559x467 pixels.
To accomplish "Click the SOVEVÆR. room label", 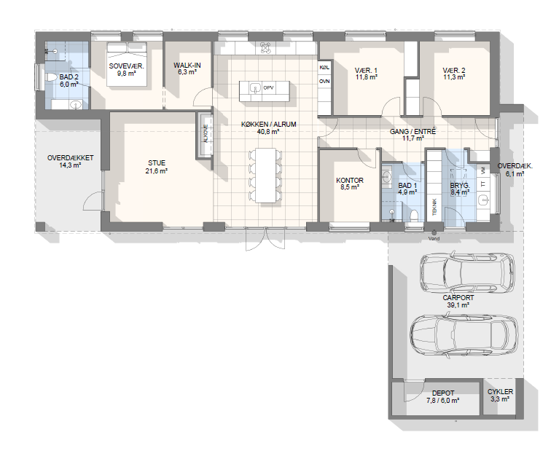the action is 127,66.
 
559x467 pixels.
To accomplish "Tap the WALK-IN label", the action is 187,66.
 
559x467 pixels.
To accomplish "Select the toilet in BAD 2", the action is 51,77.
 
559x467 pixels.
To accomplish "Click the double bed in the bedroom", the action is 127,64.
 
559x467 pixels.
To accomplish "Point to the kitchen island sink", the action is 255,87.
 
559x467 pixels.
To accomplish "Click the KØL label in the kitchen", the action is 324,67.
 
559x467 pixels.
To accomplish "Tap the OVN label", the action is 324,82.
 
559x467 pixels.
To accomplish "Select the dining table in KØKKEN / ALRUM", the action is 265,176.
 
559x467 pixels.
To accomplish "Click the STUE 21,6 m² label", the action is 157,167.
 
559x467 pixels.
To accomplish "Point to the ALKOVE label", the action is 206,134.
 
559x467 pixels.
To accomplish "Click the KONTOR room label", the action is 350,181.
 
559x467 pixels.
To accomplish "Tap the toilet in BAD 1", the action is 414,216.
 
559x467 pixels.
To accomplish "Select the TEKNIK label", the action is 434,206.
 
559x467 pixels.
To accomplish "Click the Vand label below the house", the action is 434,238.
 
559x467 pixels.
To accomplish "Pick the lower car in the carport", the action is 464,335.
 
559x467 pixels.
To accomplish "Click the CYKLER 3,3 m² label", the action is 500,396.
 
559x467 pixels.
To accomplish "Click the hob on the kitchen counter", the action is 265,48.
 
